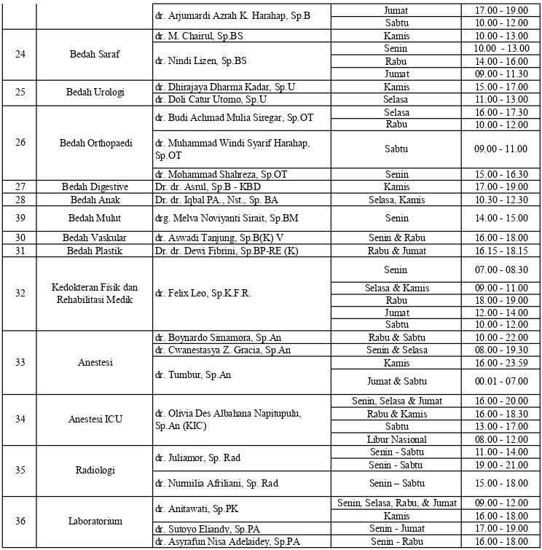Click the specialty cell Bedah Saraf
(x=95, y=54)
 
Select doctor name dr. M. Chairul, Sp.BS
(x=200, y=36)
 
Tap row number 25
(x=20, y=93)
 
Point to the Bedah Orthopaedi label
(x=95, y=143)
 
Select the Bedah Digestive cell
(x=95, y=187)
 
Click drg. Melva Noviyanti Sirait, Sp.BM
(x=227, y=219)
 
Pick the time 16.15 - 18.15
(x=500, y=251)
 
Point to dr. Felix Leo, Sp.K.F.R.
(x=203, y=293)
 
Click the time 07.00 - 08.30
(x=500, y=270)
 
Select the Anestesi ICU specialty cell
(x=95, y=419)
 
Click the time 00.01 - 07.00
(x=500, y=381)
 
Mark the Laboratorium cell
(x=95, y=521)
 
